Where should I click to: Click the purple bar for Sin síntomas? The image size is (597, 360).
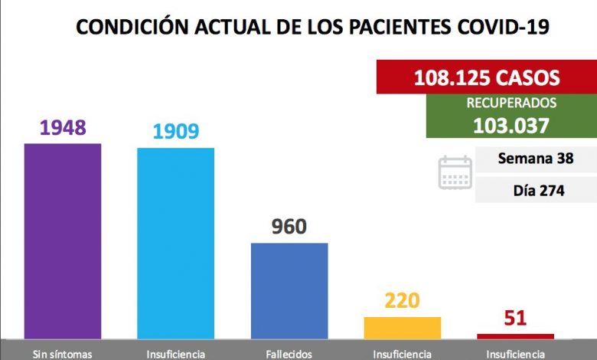coord(63,241)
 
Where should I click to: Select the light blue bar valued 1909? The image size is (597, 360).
coord(175,243)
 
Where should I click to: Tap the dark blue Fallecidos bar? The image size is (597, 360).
coord(289,290)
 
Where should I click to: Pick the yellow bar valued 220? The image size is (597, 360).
coord(403,327)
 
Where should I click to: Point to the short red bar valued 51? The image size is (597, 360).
coord(515,335)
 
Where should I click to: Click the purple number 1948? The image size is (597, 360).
coord(63,127)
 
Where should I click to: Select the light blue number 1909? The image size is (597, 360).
coord(175,131)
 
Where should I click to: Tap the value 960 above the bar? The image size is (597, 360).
coord(289,227)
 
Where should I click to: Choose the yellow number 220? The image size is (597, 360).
coord(403,300)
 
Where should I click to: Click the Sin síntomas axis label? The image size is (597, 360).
coord(63,354)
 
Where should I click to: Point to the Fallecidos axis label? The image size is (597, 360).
coord(289,354)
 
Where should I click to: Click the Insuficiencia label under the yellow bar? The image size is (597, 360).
coord(403,354)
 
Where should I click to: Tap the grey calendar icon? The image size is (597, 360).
coord(455,172)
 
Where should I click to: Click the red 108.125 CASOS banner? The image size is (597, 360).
coord(487,77)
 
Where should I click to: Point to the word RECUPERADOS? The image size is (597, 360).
coord(511,103)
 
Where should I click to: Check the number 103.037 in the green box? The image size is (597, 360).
coord(511,125)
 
